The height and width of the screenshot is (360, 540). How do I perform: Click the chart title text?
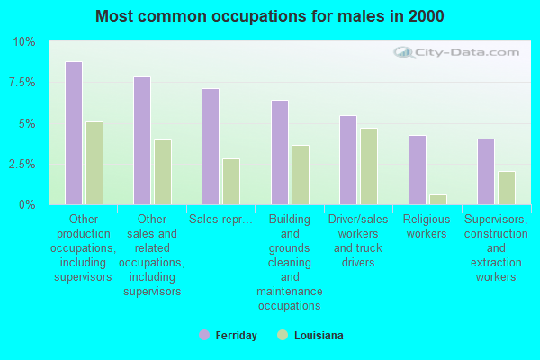pyautogui.click(x=270, y=16)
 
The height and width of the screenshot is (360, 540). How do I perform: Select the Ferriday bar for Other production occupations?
pyautogui.click(x=74, y=133)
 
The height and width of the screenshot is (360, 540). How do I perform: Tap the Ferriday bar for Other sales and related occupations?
pyautogui.click(x=142, y=140)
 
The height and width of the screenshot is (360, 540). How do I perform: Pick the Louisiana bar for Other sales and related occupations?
pyautogui.click(x=163, y=172)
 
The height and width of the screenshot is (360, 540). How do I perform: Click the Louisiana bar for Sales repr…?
pyautogui.click(x=231, y=182)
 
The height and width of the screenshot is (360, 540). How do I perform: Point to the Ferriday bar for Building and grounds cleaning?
pyautogui.click(x=280, y=152)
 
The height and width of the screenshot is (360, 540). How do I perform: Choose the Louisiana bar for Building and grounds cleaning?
pyautogui.click(x=301, y=175)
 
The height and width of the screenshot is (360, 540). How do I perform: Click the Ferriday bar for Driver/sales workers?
pyautogui.click(x=348, y=160)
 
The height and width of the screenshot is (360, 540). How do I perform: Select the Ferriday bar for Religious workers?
pyautogui.click(x=418, y=170)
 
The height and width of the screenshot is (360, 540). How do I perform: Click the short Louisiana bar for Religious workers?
pyautogui.click(x=438, y=200)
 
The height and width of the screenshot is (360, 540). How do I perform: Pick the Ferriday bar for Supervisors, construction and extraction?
pyautogui.click(x=486, y=172)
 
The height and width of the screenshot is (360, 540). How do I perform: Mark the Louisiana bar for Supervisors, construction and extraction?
pyautogui.click(x=507, y=188)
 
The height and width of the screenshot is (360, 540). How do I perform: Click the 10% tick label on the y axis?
pyautogui.click(x=24, y=42)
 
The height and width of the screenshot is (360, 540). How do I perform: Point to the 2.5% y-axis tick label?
pyautogui.click(x=22, y=164)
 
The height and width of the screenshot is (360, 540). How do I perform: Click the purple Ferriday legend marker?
pyautogui.click(x=204, y=335)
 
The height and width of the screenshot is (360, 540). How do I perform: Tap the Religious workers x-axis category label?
pyautogui.click(x=425, y=227)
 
